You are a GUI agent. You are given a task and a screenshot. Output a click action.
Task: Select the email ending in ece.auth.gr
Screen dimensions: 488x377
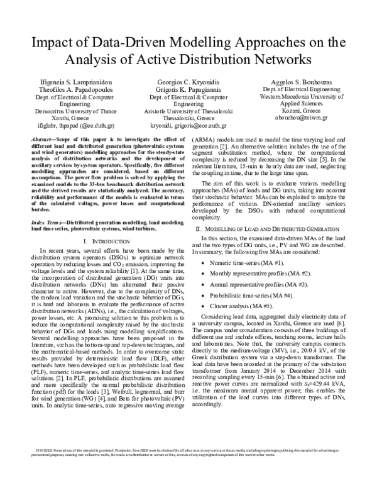coord(188,125)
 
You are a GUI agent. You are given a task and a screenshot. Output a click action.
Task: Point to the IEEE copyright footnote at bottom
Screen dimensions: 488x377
coord(188,469)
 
